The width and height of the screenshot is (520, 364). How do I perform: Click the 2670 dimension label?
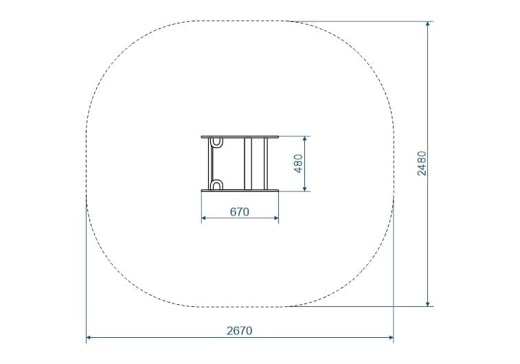pyautogui.click(x=240, y=331)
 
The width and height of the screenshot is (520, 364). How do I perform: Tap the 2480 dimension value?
pyautogui.click(x=422, y=163)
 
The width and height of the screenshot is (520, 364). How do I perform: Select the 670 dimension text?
pyautogui.click(x=240, y=211)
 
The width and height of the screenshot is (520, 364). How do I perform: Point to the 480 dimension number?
pyautogui.click(x=299, y=163)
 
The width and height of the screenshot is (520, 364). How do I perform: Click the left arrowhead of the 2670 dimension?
pyautogui.click(x=89, y=338)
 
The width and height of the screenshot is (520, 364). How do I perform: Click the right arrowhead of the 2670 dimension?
pyautogui.click(x=391, y=338)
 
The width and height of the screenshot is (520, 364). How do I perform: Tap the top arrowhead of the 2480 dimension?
pyautogui.click(x=428, y=24)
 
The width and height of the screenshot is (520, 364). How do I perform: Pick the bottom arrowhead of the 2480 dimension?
pyautogui.click(x=428, y=303)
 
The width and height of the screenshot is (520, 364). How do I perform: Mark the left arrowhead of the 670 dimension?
pyautogui.click(x=204, y=218)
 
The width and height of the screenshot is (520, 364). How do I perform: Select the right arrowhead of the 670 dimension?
pyautogui.click(x=276, y=218)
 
